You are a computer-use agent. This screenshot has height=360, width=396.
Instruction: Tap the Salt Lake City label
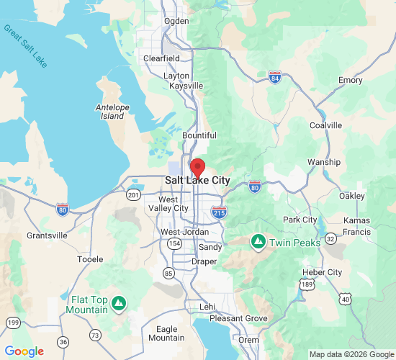pyautogui.click(x=197, y=181)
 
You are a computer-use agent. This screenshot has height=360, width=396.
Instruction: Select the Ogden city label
pyautogui.click(x=176, y=21)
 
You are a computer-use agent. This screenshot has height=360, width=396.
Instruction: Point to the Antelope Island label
pyautogui.click(x=111, y=112)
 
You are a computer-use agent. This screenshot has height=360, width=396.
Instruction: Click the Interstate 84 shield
pyautogui.click(x=274, y=77)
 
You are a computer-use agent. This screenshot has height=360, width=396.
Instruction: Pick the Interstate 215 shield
pyautogui.click(x=220, y=212)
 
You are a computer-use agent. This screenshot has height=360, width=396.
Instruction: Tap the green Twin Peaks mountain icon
pyautogui.click(x=258, y=241)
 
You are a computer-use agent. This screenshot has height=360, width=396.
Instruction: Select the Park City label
pyautogui.click(x=300, y=220)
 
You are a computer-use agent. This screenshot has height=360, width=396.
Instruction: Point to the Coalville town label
pyautogui.click(x=325, y=125)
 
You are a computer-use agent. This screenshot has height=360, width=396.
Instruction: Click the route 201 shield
pyautogui.click(x=134, y=195)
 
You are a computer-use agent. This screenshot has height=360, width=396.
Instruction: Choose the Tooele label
pyautogui.click(x=90, y=258)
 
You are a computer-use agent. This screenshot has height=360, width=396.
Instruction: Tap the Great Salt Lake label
pyautogui.click(x=25, y=46)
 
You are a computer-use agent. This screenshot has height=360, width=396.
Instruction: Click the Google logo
pyautogui.click(x=24, y=351)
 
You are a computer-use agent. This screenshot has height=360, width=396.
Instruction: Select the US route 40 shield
pyautogui.click(x=346, y=299)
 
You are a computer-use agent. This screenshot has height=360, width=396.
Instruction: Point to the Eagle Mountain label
pyautogui.click(x=166, y=333)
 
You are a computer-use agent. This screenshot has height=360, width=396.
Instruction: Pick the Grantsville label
pyautogui.click(x=47, y=235)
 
